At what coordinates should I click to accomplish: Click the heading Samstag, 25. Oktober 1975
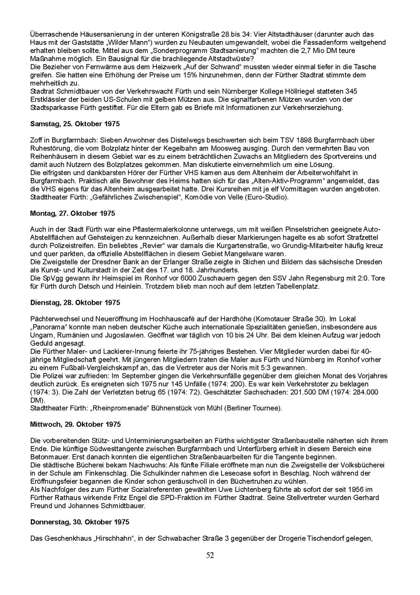(75, 124)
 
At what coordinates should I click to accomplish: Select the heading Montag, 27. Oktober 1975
(73, 213)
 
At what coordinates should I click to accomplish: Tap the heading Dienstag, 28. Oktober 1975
(75, 302)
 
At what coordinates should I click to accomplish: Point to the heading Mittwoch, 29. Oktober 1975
(75, 425)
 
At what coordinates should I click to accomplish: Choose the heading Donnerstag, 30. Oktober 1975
(80, 522)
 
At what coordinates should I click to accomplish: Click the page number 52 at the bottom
(210, 556)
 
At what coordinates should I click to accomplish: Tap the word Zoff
(36, 140)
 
